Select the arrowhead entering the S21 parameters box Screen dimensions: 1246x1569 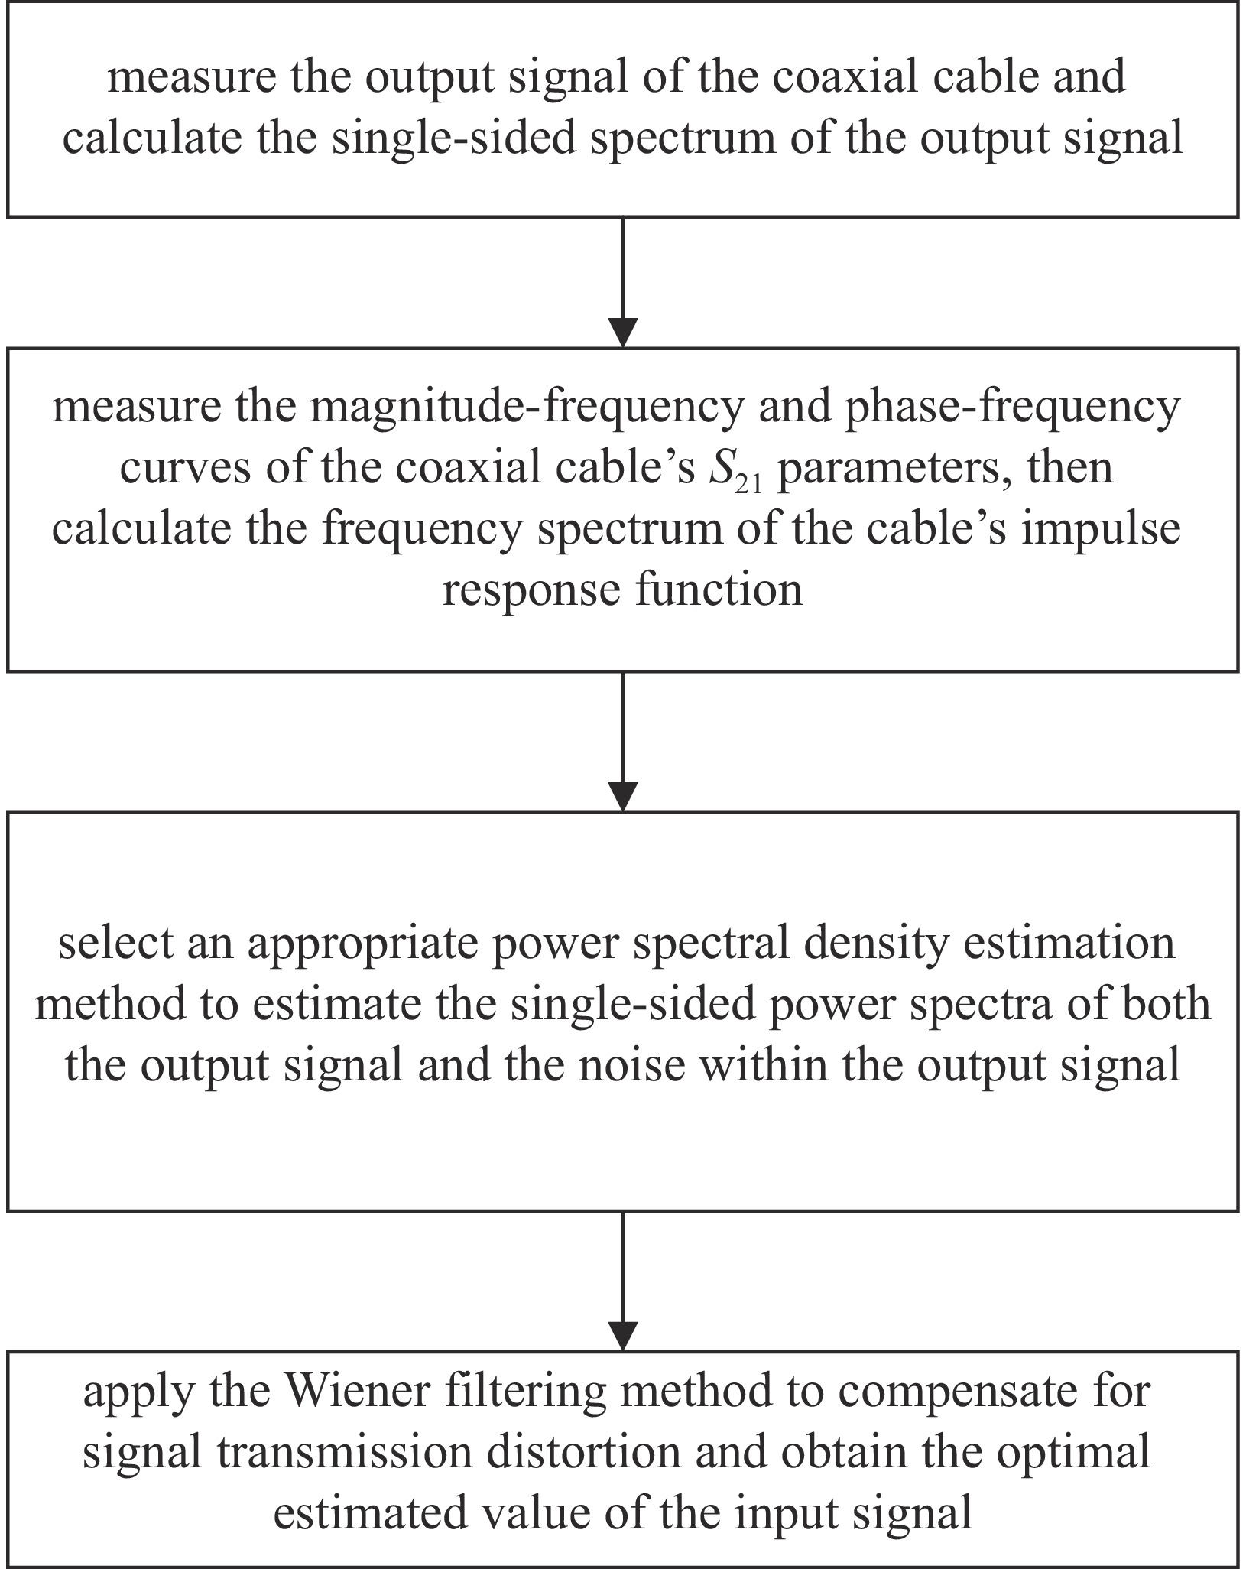coord(624,333)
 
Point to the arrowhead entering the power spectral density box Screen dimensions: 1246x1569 coord(624,796)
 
